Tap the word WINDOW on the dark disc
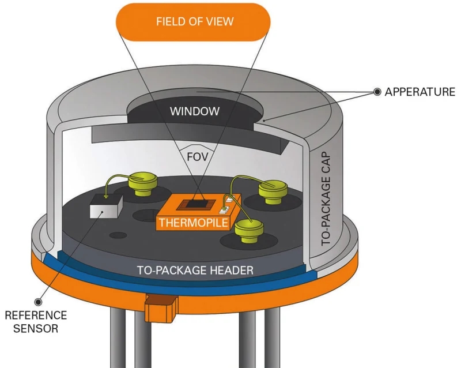pyautogui.click(x=194, y=111)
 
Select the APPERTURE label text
pyautogui.click(x=420, y=92)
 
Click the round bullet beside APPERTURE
pyautogui.click(x=377, y=92)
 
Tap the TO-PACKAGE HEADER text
pyautogui.click(x=195, y=269)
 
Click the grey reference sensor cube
pyautogui.click(x=105, y=206)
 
